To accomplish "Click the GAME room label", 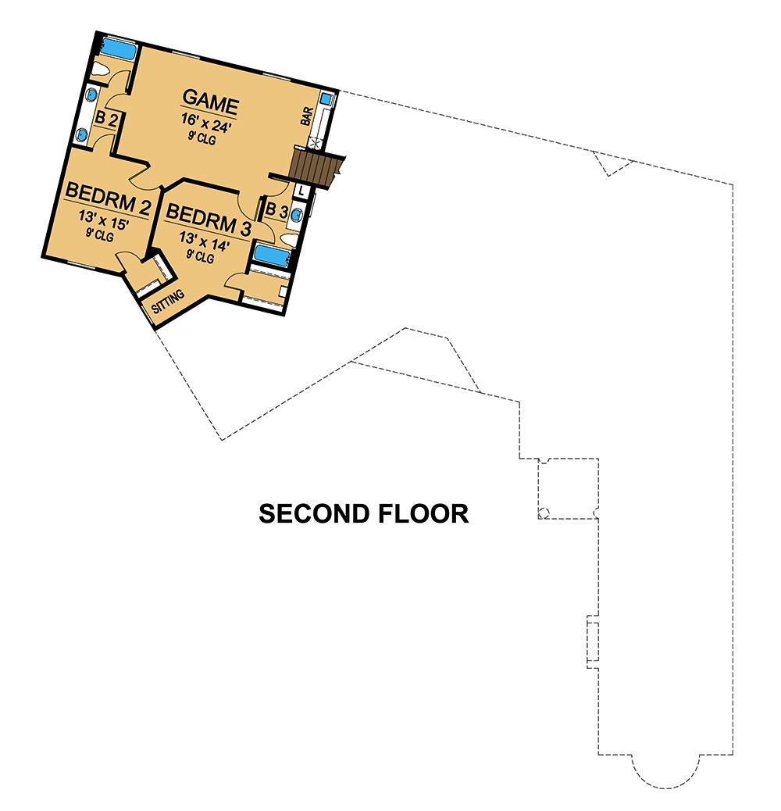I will tap(210, 99).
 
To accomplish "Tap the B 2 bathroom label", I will tap(105, 119).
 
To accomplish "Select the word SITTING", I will tap(169, 302).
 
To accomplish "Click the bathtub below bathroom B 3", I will tap(269, 255).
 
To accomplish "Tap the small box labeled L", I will tap(303, 190).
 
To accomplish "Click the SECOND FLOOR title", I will tap(364, 513).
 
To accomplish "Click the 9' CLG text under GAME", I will tap(201, 141).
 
